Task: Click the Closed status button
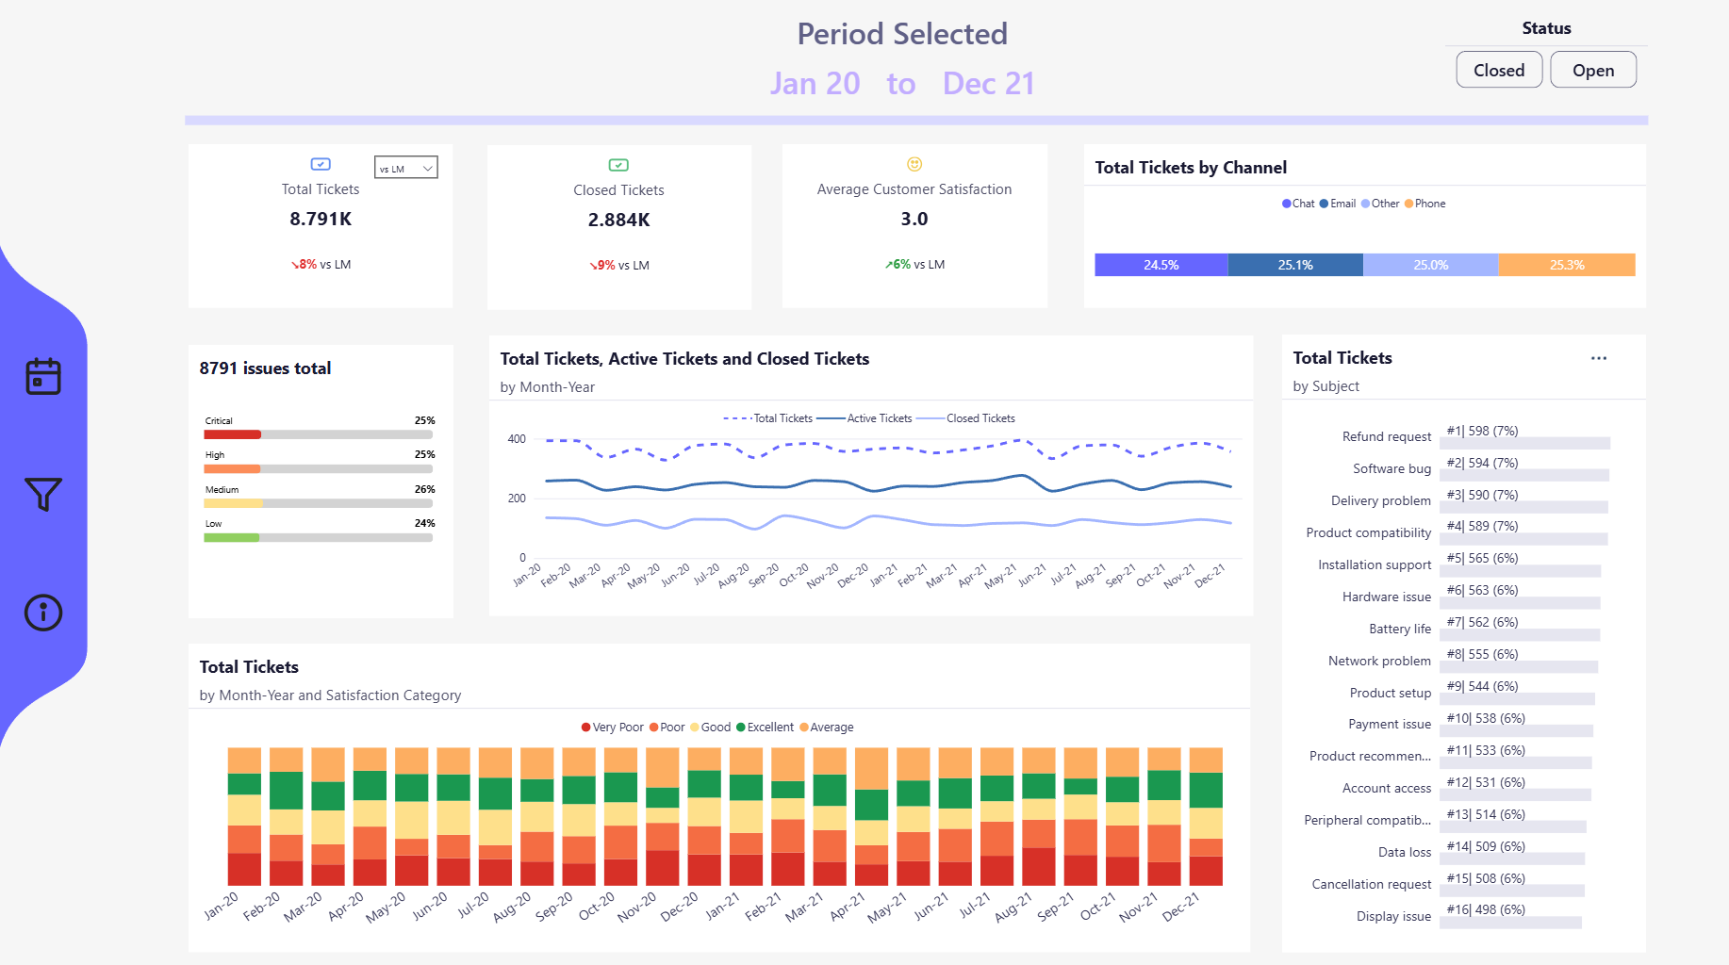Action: coord(1498,71)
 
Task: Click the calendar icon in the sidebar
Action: coord(43,376)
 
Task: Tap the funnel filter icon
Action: coord(43,494)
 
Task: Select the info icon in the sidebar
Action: coord(43,613)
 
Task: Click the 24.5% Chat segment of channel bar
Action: coord(1161,265)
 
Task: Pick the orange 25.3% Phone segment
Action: coord(1566,265)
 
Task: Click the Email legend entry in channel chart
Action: coord(1338,204)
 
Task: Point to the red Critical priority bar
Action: coord(232,434)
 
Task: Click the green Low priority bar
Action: coord(231,537)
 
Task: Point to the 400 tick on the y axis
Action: coord(517,439)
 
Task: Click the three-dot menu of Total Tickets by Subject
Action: coord(1599,358)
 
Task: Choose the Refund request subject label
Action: coord(1386,436)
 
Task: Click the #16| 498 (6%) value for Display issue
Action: coord(1486,909)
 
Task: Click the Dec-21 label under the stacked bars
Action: coord(1181,907)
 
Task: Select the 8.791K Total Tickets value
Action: coord(321,219)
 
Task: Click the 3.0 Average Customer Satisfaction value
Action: coord(914,219)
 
